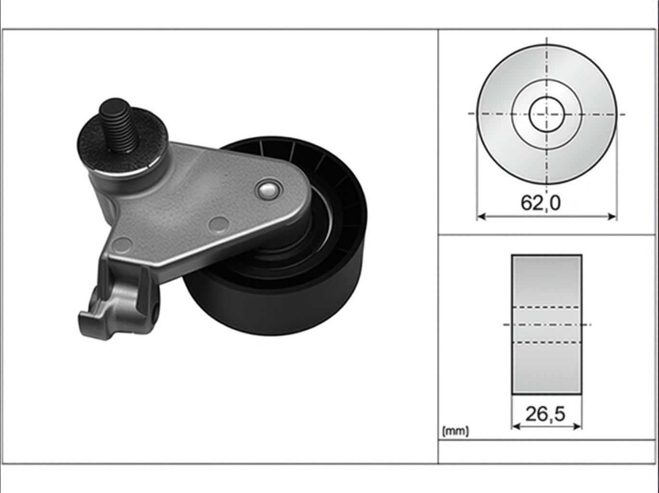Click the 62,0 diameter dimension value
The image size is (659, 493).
pyautogui.click(x=540, y=203)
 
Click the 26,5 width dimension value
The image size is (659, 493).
pyautogui.click(x=545, y=414)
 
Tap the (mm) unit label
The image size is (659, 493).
pyautogui.click(x=455, y=431)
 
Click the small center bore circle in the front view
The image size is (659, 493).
pyautogui.click(x=546, y=114)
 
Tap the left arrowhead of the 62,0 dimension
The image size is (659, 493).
pyautogui.click(x=481, y=216)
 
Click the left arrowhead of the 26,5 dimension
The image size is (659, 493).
pyautogui.click(x=516, y=426)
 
